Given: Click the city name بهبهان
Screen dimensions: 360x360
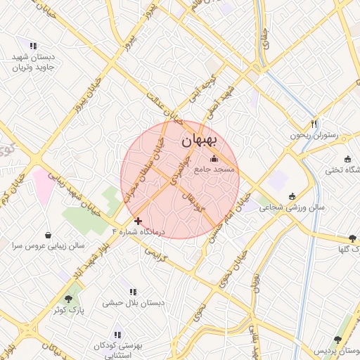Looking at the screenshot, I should pos(201,141).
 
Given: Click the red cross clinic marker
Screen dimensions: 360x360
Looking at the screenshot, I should pos(138,221).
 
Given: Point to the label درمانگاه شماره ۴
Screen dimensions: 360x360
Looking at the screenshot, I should pos(138,231).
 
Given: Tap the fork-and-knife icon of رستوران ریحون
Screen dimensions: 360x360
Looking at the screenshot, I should pos(314,123).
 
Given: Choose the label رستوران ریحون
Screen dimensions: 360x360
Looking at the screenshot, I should pos(314,134).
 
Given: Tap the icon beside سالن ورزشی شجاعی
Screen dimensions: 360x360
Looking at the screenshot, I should pos(292,197).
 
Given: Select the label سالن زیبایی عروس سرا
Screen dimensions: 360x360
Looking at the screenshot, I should pos(48,246).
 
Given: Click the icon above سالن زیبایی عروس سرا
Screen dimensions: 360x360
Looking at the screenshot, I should pos(48,235).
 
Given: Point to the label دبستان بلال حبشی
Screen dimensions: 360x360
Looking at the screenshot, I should pos(133,303).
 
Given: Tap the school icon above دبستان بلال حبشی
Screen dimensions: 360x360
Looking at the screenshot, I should pos(133,292).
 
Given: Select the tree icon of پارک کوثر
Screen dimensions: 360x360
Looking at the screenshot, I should pos(68,299).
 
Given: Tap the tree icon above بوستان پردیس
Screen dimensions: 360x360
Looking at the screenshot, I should pos(338,339).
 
